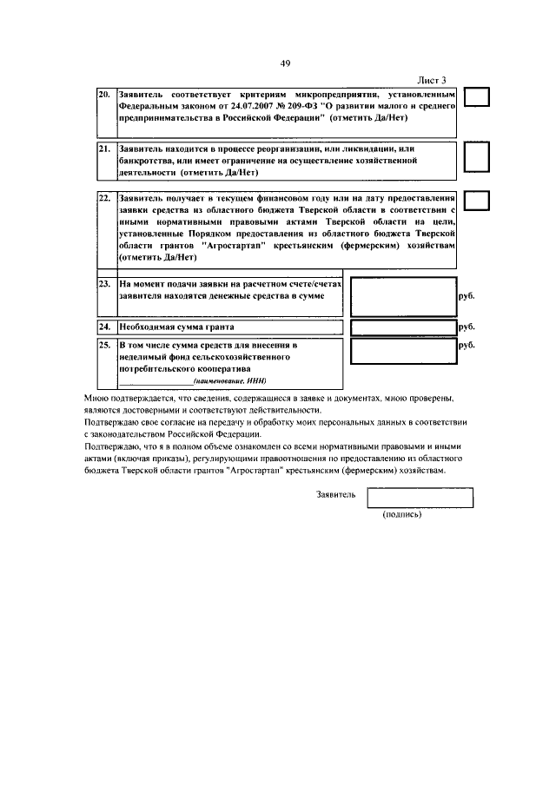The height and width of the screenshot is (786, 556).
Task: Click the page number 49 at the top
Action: coord(285,63)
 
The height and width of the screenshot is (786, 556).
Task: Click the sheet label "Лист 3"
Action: coord(431,80)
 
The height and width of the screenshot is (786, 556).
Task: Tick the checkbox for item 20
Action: coord(477,98)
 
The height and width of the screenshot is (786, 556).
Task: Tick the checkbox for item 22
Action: coord(477,201)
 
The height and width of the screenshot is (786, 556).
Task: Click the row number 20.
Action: coord(103,93)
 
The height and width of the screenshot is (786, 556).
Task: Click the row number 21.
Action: coord(103,149)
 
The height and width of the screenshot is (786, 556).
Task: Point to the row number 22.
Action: coord(103,198)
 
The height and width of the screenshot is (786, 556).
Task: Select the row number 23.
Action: coord(103,284)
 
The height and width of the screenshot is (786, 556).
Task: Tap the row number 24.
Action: coord(103,327)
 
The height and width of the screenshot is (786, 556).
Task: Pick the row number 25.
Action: coord(103,346)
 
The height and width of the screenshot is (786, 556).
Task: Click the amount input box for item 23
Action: coord(401,296)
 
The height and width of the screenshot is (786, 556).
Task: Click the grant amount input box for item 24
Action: coord(401,327)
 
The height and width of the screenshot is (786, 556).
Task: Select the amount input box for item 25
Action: coord(401,351)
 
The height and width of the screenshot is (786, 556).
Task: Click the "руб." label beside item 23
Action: coord(466,296)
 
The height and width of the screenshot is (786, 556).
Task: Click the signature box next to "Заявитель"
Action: coord(420,497)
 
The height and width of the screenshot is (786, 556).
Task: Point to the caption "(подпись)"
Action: coord(402,514)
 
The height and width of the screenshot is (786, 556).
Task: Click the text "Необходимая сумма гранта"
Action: coord(177,327)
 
